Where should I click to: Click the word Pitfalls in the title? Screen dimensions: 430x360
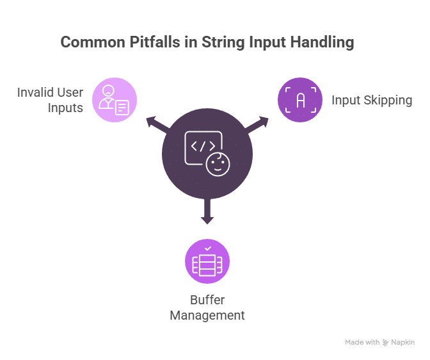coord(155,42)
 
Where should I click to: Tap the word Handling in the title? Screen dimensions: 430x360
coord(322,42)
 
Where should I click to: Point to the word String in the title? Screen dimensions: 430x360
coord(223,43)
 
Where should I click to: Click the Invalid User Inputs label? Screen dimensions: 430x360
coord(50,100)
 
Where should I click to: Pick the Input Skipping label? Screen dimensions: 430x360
coord(372,100)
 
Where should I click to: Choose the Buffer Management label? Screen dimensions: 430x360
coord(207,307)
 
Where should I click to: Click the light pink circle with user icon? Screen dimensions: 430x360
coord(115,100)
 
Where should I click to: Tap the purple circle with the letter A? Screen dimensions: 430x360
coord(300,100)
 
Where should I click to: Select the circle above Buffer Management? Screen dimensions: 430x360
coord(207,261)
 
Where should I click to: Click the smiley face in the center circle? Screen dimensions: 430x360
coord(218,164)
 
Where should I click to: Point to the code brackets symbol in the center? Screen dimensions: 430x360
coord(203,146)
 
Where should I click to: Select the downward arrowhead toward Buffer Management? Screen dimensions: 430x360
coord(207,220)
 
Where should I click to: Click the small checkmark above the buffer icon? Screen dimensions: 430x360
coord(208,249)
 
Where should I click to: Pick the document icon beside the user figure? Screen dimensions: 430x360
coord(122,108)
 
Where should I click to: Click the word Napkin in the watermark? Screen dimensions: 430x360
coord(403,343)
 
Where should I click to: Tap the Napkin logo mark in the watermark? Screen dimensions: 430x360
coord(385,343)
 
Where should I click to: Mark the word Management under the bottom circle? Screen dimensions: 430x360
coord(207,315)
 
